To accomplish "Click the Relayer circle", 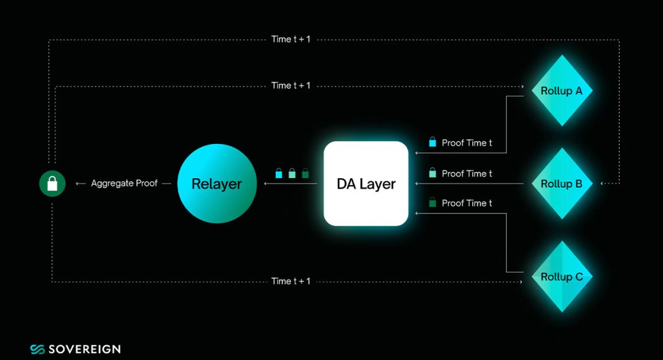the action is coord(217,183).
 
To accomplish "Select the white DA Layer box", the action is coord(366,183).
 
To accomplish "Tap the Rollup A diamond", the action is coord(562,91).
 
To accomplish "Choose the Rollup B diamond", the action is coord(562,183).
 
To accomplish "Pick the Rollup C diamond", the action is coord(562,277).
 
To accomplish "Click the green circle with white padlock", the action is coord(52,183).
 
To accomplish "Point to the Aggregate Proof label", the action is coord(124,183).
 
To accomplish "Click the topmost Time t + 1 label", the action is coord(291,39).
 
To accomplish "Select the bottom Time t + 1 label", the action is coord(291,281).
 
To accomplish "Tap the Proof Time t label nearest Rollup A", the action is coord(467,143).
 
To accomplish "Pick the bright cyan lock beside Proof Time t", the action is coord(433,142).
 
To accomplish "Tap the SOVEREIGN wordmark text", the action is coord(84,349).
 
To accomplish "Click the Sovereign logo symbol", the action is coord(37,349).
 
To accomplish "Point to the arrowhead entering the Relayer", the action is coord(266,183).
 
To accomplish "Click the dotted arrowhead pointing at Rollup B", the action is coord(603,183).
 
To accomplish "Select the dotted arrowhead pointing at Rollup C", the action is coord(522,281).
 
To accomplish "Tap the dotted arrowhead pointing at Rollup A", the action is coord(522,87).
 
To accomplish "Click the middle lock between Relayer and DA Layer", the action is coord(292,173).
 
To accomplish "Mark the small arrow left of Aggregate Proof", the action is coord(80,183).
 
